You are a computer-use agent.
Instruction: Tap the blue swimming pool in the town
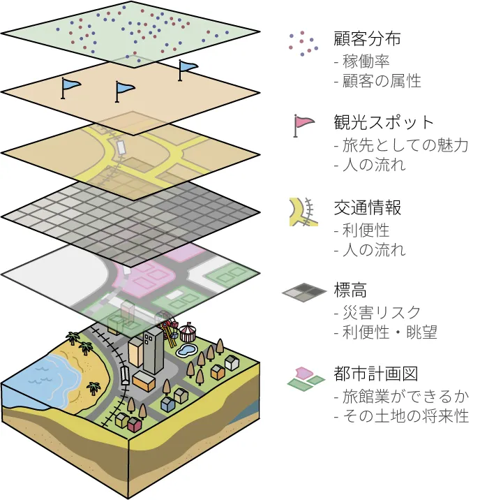(x=187, y=348)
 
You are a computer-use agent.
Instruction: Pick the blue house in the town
(x=167, y=404)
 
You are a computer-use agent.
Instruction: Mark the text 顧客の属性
(x=381, y=81)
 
